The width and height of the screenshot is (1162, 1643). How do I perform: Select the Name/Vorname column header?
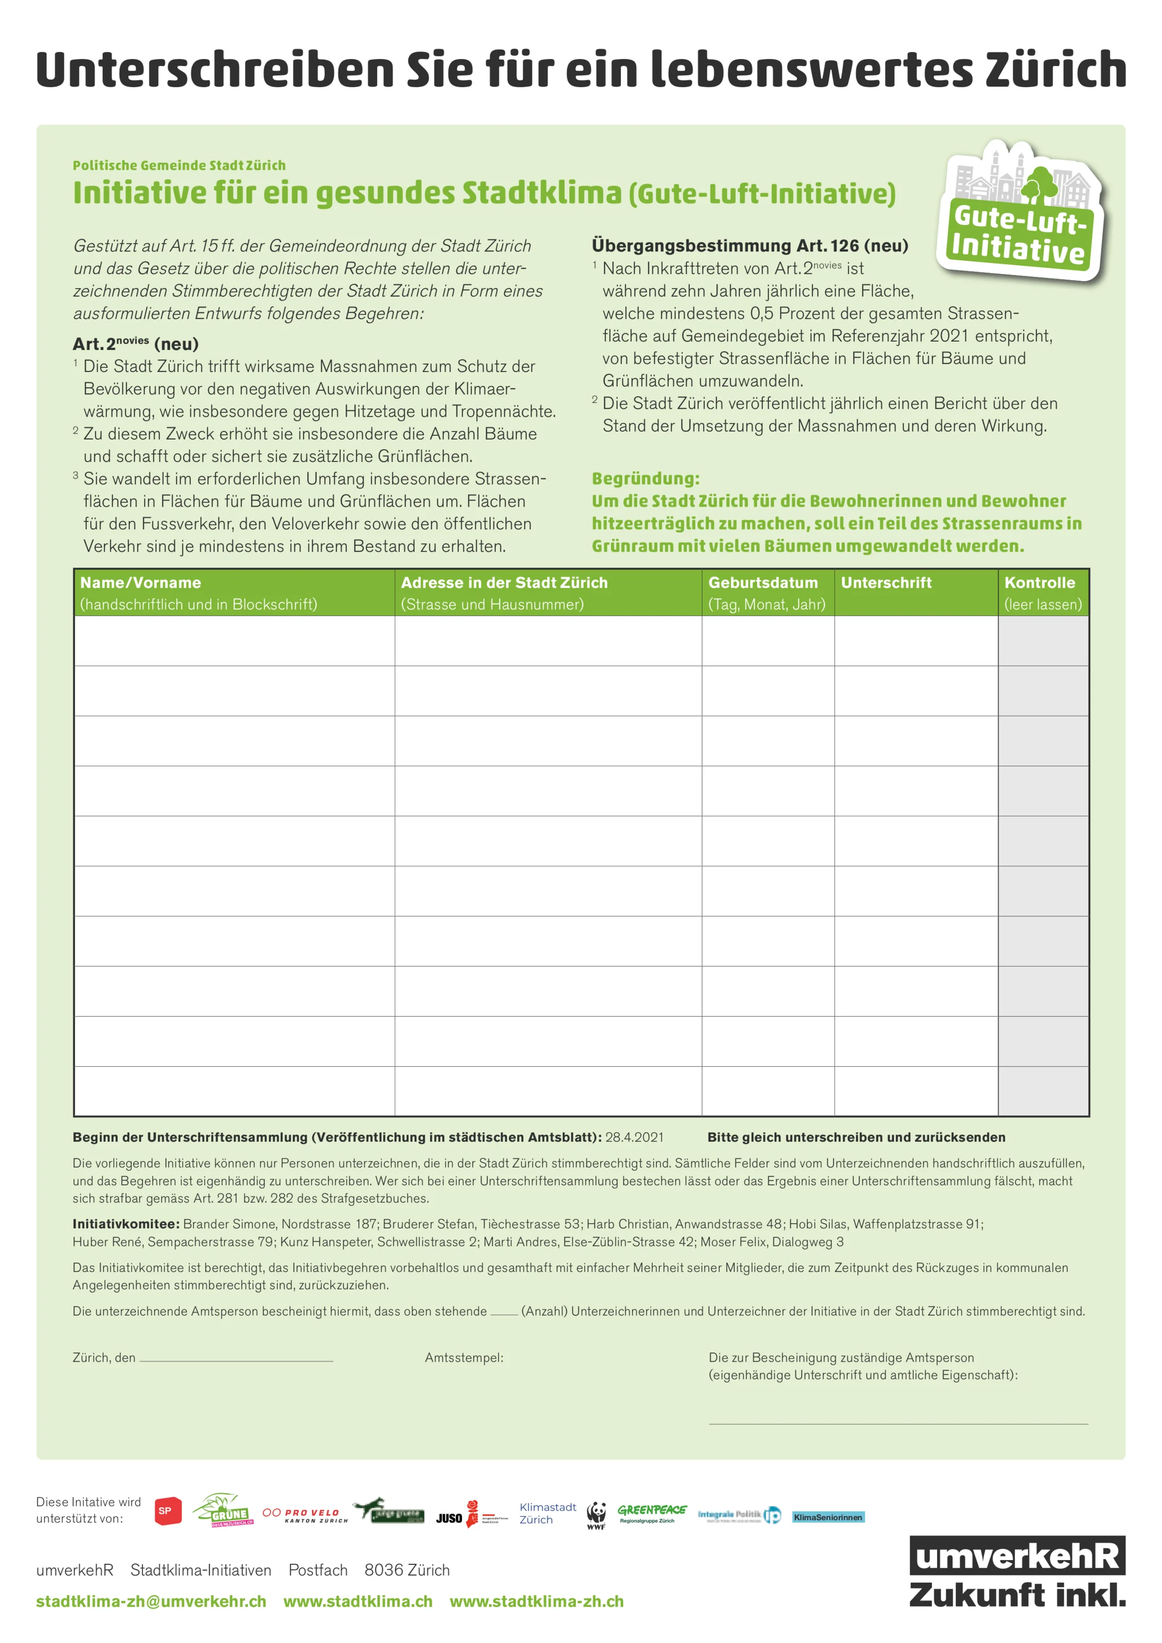tap(140, 583)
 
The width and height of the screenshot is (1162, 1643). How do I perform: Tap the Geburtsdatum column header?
tap(763, 583)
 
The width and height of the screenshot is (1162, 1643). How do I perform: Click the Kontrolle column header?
tap(1040, 583)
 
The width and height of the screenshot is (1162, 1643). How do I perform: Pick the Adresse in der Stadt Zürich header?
tap(504, 583)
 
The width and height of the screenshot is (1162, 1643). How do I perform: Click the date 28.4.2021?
tap(634, 1137)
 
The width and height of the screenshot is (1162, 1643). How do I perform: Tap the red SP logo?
tap(167, 1511)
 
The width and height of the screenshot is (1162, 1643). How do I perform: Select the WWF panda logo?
tap(596, 1515)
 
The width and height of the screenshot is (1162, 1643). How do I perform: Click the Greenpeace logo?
tap(651, 1512)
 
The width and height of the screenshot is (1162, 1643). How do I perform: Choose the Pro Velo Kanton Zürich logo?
tap(305, 1515)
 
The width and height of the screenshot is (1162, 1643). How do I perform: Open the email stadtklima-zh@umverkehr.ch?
tap(151, 1602)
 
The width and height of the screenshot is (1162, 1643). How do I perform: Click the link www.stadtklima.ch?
tap(358, 1602)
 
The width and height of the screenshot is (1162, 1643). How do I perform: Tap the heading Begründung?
tap(645, 479)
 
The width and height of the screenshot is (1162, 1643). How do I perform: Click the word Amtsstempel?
tap(464, 1358)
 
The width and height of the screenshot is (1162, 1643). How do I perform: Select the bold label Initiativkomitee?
tap(125, 1224)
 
